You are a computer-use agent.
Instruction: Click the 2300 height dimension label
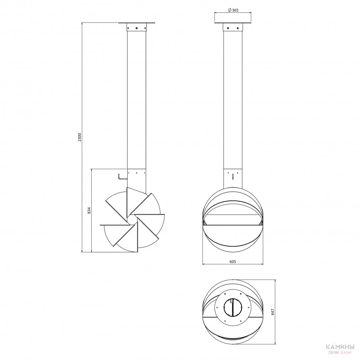tap(80, 137)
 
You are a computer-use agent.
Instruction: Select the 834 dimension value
tap(89, 210)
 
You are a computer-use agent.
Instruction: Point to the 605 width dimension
tap(232, 262)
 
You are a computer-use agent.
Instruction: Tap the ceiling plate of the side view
tap(137, 23)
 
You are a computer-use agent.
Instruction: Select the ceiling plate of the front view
tap(233, 23)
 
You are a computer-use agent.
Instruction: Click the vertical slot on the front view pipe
tap(233, 176)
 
